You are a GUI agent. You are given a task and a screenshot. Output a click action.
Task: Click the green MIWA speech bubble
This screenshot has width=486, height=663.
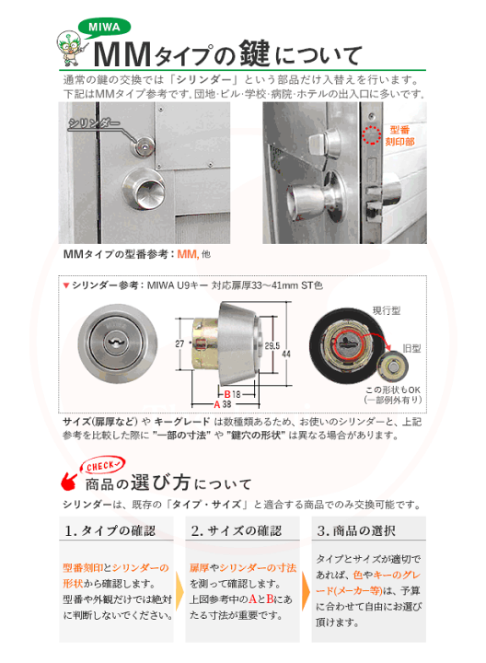104,28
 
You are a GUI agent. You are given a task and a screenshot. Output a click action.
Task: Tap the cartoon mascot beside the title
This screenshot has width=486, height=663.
70,48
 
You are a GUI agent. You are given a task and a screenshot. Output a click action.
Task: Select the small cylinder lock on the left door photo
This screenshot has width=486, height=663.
143,146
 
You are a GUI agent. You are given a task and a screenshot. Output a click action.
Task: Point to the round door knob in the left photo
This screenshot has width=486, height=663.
144,191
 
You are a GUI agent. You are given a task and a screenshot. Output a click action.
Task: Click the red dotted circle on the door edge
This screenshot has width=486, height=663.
372,134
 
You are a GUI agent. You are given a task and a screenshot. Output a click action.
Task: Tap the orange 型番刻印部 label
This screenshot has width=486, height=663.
399,135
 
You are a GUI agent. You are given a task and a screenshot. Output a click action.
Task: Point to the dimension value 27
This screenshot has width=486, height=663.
179,343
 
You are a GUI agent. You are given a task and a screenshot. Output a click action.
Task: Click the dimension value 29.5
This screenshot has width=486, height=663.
272,346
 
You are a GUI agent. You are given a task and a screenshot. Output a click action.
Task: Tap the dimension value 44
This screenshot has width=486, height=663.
286,354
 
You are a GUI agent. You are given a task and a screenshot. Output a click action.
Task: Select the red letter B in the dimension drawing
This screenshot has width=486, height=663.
227,394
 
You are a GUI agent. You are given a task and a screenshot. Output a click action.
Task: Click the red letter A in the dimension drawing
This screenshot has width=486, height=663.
217,404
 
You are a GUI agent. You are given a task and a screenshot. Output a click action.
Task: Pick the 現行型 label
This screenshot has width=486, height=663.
387,311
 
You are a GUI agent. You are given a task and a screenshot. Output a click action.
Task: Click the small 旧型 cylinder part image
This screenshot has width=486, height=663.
393,366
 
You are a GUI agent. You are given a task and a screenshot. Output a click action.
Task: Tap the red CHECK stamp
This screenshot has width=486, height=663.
103,466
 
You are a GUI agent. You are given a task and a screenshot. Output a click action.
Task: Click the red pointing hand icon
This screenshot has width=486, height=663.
68,482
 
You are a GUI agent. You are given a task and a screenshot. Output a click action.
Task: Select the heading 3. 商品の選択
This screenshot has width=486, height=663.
356,530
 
